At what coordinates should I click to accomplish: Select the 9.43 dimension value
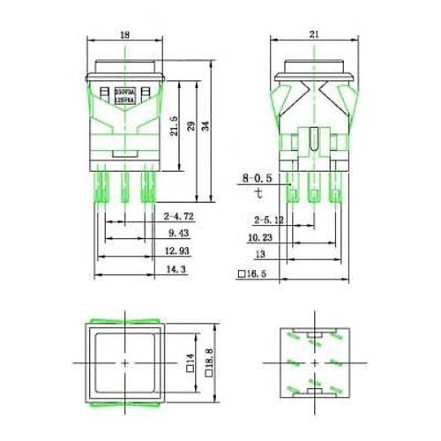point(177,234)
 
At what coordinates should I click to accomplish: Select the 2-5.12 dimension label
point(267,220)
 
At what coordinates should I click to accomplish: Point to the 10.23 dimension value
point(259,237)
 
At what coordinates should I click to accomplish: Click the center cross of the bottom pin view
point(314,363)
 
